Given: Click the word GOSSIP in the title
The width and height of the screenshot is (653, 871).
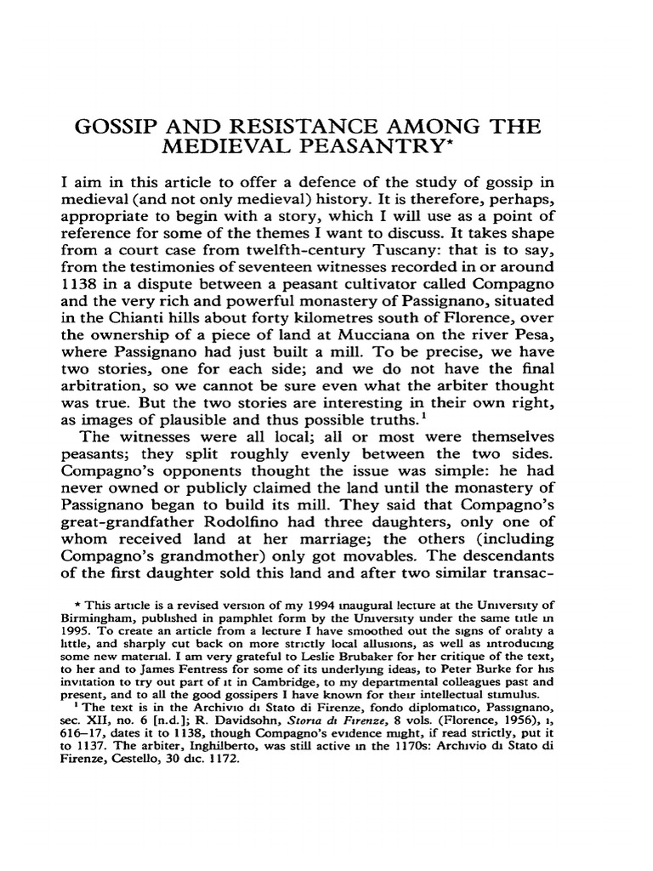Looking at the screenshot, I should click(x=109, y=128).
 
